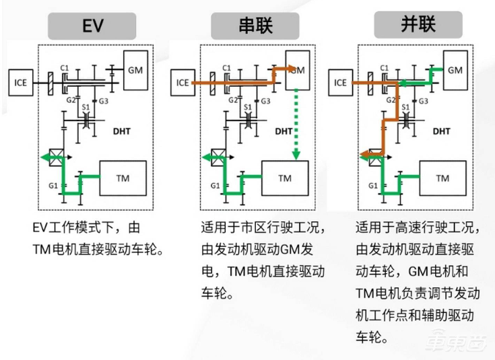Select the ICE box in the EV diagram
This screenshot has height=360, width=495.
coord(20,83)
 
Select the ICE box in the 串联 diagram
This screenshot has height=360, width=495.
coord(183,83)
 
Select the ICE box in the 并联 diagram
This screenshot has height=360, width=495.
coord(340,83)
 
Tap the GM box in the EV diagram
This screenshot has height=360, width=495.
coord(135,70)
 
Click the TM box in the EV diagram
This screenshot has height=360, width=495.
coord(123,178)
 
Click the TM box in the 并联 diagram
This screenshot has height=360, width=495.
coord(442,178)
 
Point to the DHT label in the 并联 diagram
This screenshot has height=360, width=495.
coord(441,132)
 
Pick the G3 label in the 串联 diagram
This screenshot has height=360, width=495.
coord(265,101)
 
